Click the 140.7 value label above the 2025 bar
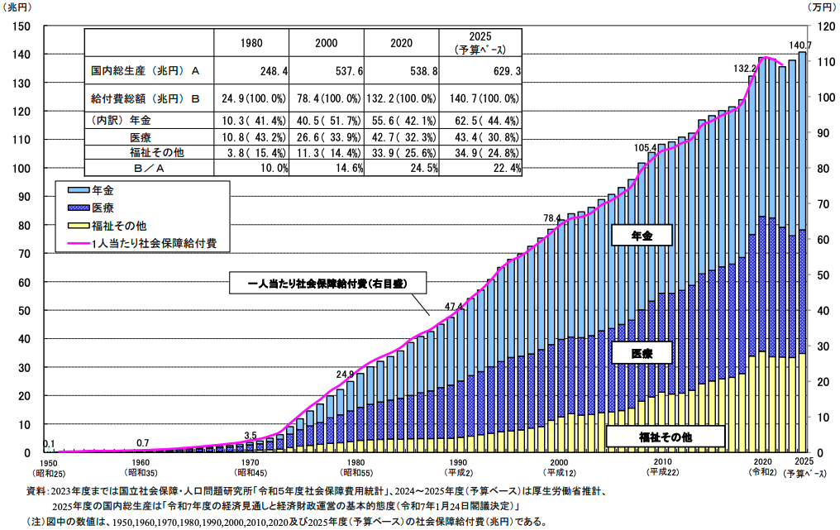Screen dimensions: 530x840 point(800,45)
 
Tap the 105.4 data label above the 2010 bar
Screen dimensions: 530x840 point(646,148)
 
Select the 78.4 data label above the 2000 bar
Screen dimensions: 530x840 point(552,218)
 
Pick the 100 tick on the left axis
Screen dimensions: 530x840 point(22,169)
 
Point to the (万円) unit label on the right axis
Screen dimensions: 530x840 point(820,7)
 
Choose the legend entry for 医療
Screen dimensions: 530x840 point(107,207)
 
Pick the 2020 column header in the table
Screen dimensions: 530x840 point(403,42)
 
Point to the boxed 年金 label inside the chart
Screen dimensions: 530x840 point(642,236)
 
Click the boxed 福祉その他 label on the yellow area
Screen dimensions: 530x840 point(665,436)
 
